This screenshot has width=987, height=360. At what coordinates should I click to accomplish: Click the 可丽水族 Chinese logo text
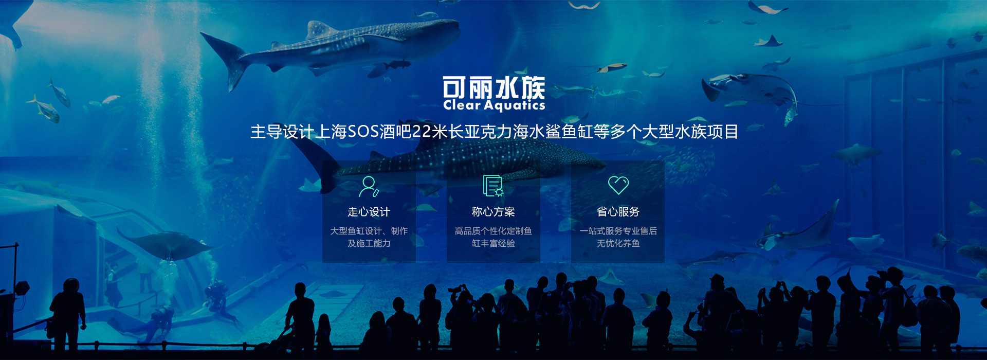493,87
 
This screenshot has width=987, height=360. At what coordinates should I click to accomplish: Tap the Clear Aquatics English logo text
494,105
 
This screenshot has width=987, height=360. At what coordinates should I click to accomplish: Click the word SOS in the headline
363,132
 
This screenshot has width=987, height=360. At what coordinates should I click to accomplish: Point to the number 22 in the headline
422,132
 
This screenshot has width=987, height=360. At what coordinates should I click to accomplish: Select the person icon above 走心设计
369,186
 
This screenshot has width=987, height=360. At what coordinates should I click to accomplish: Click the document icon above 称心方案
493,186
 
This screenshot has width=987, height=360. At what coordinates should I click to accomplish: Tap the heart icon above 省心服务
618,185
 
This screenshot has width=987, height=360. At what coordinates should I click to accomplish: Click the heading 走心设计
369,212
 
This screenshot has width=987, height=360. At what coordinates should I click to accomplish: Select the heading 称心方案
493,212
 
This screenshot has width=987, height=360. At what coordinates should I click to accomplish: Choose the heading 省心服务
618,212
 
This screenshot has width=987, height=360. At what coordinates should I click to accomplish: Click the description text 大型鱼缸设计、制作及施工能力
369,237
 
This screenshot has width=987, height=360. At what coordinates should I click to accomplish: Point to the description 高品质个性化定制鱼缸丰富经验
493,237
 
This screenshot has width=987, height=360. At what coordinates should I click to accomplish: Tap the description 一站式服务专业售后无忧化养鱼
618,237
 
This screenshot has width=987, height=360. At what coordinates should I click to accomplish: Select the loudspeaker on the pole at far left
22,288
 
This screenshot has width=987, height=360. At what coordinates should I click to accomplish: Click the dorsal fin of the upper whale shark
319,30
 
